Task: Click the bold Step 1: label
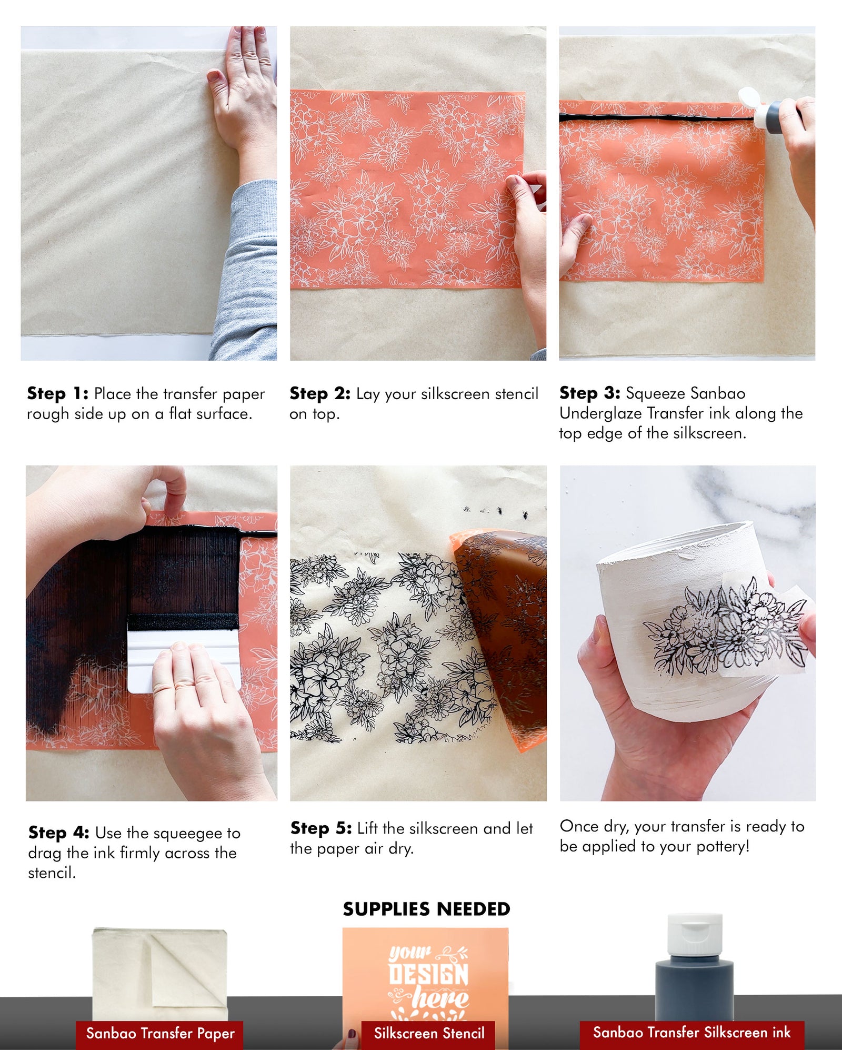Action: (57, 394)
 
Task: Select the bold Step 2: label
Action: (319, 394)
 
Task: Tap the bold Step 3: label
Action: (589, 393)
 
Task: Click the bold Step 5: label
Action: (320, 828)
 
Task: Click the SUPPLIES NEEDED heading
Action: (426, 909)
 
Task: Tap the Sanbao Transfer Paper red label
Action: (160, 1033)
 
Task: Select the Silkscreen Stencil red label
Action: (428, 1033)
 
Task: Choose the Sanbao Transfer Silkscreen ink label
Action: (691, 1033)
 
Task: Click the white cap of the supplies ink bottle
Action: (695, 935)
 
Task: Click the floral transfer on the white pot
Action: (726, 627)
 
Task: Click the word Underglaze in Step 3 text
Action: (600, 413)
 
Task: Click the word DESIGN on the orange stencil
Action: (428, 975)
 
